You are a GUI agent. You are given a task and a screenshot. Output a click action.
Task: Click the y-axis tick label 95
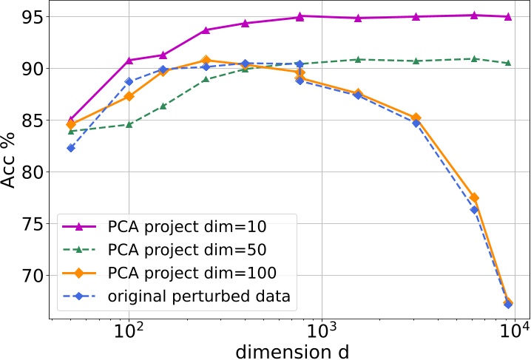click(x=28, y=17)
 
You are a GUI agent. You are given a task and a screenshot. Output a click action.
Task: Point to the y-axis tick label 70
click(x=28, y=276)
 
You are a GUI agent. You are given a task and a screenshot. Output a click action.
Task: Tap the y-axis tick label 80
click(x=28, y=172)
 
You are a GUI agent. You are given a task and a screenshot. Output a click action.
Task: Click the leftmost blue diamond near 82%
click(x=71, y=148)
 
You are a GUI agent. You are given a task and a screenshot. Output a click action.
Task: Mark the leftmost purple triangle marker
click(x=71, y=119)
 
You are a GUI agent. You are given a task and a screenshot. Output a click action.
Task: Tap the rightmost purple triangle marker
click(x=508, y=16)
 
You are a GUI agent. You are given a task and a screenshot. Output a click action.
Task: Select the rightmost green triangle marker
click(x=508, y=63)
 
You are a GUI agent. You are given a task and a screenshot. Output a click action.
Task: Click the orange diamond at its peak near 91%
click(x=206, y=60)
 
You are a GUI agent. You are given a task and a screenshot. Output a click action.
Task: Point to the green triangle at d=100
click(x=129, y=124)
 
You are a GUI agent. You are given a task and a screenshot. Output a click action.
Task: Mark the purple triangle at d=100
click(x=129, y=60)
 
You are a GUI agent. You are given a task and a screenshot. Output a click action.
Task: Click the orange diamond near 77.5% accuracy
click(x=474, y=198)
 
